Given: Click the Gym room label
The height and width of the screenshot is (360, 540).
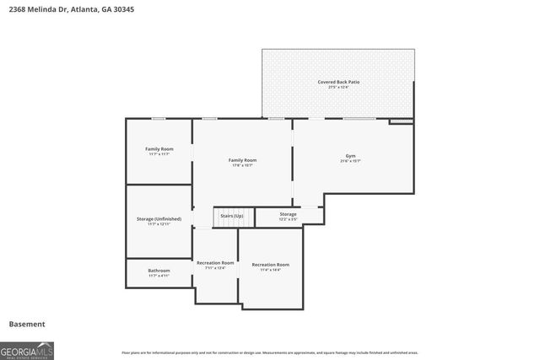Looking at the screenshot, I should coord(349,156).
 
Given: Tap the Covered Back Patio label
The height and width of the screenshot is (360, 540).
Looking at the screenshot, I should coord(338,82).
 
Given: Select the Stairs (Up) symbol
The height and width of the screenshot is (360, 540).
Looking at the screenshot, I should coord(232,217).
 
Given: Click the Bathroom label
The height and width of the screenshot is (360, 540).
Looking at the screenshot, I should coord(159,271).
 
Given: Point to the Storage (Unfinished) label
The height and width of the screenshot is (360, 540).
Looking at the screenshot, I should coord(159,219).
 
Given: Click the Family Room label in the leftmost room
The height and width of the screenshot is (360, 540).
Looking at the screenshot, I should coord(159,149).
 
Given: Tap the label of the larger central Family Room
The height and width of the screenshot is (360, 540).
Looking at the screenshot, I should coord(243,159).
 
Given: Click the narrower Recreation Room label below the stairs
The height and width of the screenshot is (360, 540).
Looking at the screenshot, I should coord(214,263).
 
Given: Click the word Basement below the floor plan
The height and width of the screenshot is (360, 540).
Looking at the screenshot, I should coord(27,324).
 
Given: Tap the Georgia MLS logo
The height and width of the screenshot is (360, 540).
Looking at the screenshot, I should coord(27,349).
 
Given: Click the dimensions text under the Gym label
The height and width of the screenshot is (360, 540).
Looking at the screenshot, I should coord(349,161).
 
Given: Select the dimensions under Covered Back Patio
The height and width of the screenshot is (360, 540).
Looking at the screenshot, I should coord(338,87).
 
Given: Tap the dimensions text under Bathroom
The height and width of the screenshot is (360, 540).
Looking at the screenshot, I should coord(159,276).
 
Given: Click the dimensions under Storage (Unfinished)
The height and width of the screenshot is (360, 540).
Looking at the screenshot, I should coord(159,224).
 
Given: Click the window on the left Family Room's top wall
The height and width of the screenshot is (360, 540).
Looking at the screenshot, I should coord(158,119).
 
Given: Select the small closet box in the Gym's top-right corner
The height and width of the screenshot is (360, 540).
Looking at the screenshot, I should coord(402,121).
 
